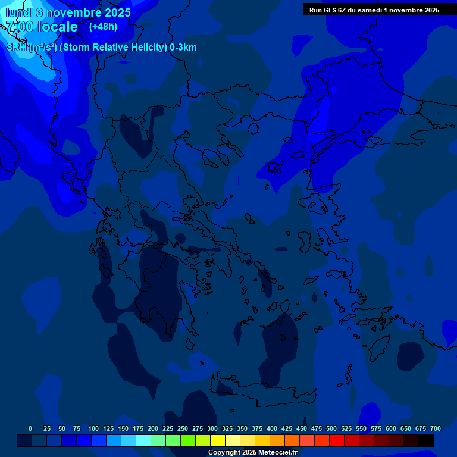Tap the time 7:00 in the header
(x=19, y=27)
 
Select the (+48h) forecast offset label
(x=103, y=27)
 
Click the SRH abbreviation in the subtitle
(x=17, y=48)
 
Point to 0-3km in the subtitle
(x=183, y=48)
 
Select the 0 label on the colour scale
(x=30, y=428)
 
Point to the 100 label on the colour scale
(x=93, y=428)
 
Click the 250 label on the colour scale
(x=183, y=428)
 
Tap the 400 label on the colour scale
(x=272, y=428)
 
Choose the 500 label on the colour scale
(x=331, y=428)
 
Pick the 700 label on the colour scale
(x=436, y=428)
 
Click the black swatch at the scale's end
(x=426, y=441)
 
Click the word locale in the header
(x=57, y=27)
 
